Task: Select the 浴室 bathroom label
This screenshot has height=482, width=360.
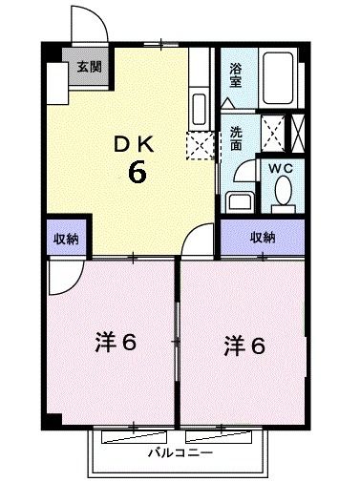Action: click(x=235, y=73)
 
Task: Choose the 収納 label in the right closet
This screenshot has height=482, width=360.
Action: click(x=263, y=237)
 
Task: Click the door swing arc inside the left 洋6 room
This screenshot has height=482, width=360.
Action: click(x=64, y=280)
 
